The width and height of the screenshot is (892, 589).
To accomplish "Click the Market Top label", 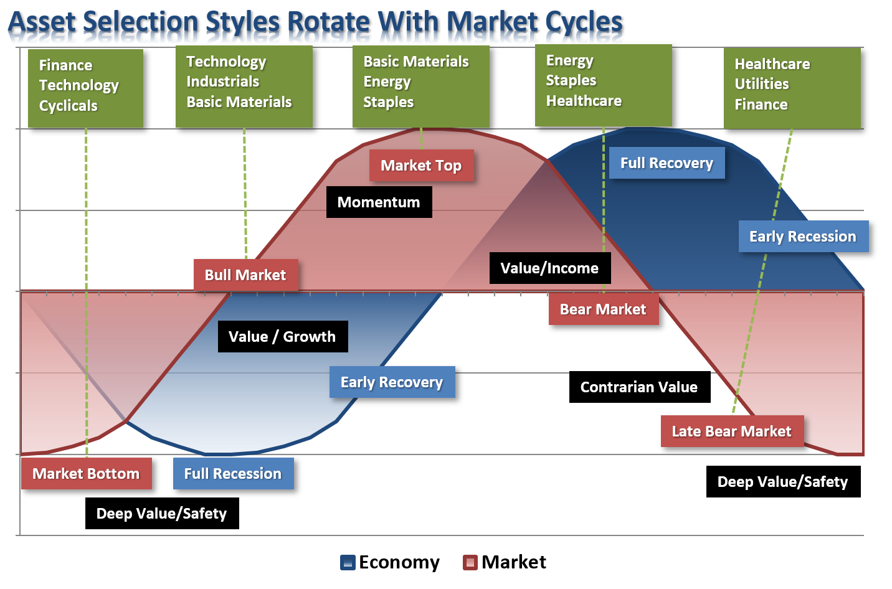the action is tap(422, 165).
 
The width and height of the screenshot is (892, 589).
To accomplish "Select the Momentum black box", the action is tap(379, 202).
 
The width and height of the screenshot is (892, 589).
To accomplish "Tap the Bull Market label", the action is tap(245, 275).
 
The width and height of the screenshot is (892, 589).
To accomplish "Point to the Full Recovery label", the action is tap(667, 163).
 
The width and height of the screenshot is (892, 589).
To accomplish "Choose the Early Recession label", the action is tap(804, 237).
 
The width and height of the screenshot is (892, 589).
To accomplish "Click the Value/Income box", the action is tap(550, 268).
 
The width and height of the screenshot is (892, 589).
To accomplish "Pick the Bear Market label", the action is tap(604, 309).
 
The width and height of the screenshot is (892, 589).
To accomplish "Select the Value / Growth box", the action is tap(283, 337).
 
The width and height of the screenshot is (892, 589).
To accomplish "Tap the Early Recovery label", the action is tap(392, 382).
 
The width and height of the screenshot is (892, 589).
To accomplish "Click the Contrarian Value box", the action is tap(640, 387).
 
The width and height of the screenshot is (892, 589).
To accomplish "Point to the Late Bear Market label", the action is tap(733, 431).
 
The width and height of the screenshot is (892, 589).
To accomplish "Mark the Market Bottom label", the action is tap(87, 474).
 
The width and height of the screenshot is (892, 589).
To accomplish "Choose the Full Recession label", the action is tap(234, 474).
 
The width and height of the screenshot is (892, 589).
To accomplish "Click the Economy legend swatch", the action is tap(348, 563).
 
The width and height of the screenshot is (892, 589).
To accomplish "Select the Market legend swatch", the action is tap(470, 563).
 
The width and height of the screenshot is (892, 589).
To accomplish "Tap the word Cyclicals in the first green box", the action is tap(68, 106).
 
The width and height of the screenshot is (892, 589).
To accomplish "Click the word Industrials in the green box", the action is tap(222, 82).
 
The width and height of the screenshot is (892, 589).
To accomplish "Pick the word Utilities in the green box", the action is tap(761, 84).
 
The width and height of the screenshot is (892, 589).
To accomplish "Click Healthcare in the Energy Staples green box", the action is tap(584, 101).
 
